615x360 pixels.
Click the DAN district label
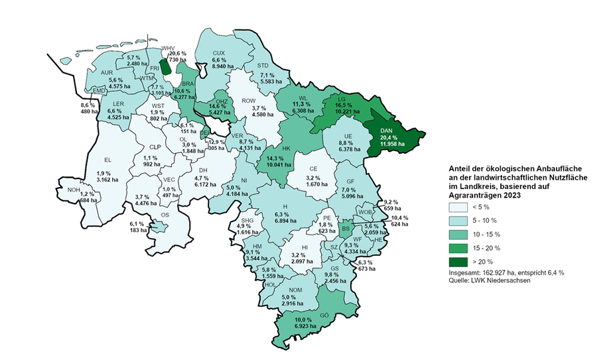tap(388, 131)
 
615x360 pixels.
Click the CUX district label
tap(219, 53)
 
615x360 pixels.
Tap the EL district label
tap(107, 159)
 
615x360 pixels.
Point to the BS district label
tap(346, 229)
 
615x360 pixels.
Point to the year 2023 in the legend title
tap(508, 196)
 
